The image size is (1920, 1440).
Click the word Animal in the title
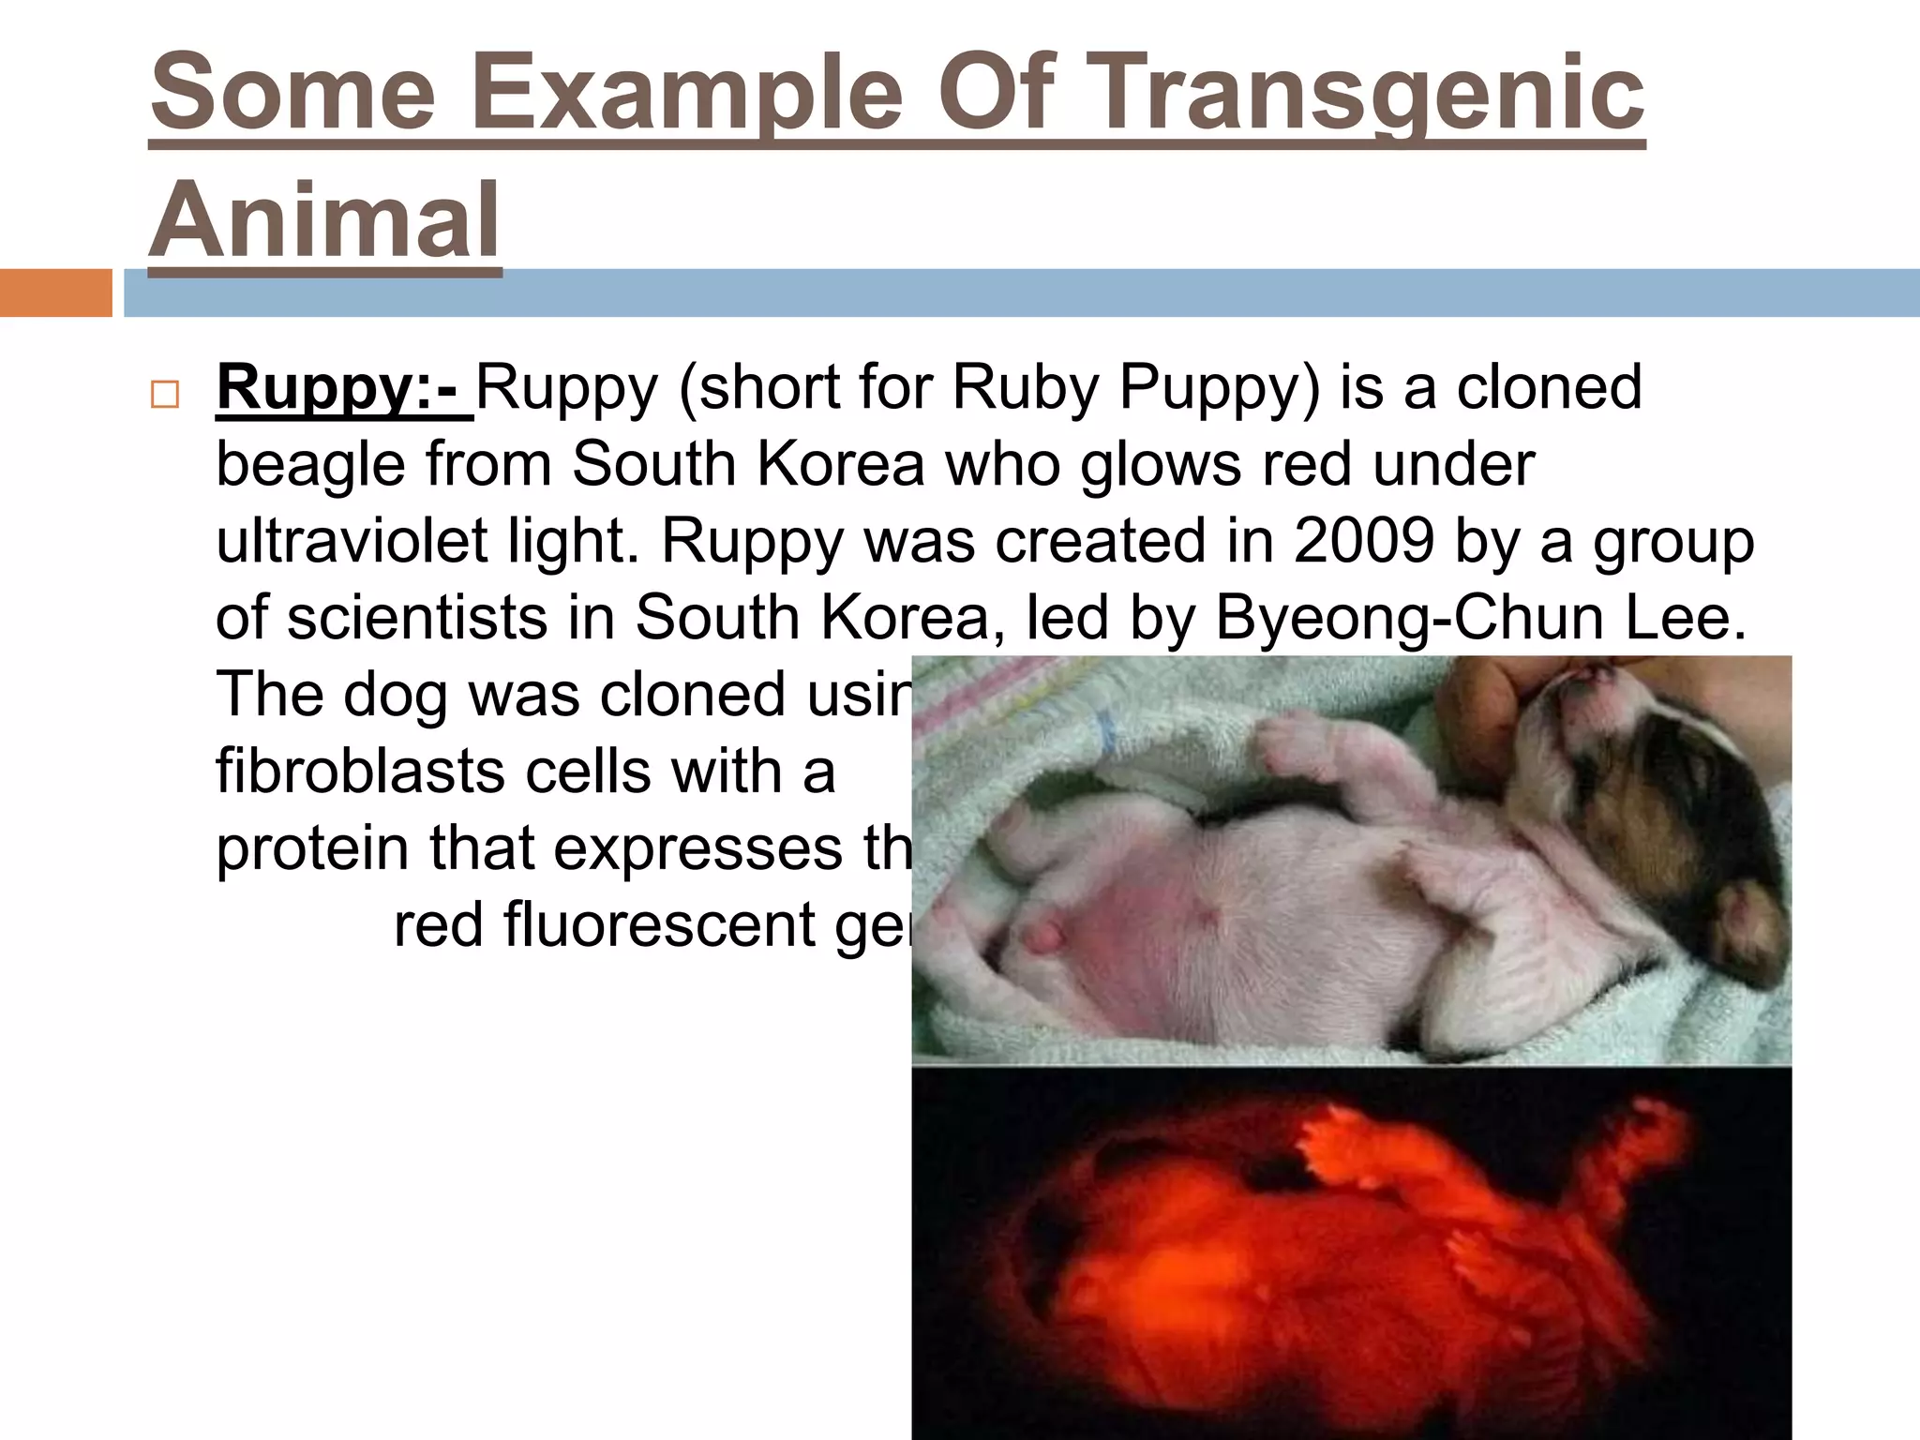point(324,221)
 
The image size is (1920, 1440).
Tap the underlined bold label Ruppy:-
point(343,387)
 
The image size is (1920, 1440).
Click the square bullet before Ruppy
point(165,395)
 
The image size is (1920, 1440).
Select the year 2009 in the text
point(1363,541)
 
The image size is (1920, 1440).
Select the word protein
point(313,849)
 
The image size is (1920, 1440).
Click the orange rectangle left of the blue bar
point(55,292)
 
